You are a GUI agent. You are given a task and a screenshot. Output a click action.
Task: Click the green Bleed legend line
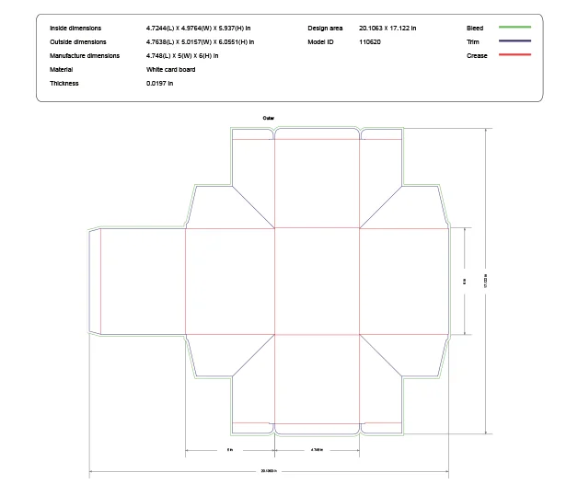tap(515, 28)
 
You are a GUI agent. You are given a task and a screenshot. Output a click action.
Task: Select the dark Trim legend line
tap(515, 41)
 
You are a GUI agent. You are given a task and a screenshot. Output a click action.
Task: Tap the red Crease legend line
tap(515, 55)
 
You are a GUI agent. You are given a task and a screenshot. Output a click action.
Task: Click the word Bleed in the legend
tap(475, 29)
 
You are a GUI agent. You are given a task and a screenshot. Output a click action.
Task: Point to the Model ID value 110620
tap(370, 42)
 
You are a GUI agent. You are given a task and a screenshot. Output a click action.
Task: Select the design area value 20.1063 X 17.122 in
tap(387, 29)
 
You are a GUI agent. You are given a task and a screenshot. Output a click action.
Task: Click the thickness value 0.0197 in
tap(159, 84)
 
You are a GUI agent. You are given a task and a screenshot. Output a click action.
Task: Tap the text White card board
tap(170, 70)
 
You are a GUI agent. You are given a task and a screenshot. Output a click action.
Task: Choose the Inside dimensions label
tap(75, 29)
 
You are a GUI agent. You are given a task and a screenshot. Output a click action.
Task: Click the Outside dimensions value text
tap(200, 42)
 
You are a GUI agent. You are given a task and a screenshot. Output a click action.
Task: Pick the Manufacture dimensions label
tap(85, 56)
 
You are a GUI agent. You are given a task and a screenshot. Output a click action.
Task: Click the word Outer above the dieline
tap(269, 118)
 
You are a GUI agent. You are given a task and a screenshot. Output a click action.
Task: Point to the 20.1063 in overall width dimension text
tap(269, 471)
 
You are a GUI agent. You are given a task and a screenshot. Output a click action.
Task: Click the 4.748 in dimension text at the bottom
tap(317, 450)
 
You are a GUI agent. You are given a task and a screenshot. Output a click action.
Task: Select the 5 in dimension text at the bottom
tap(230, 450)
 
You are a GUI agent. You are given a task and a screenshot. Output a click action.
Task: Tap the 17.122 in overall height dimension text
tap(486, 281)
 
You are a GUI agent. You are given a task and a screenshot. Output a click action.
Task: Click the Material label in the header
tap(62, 70)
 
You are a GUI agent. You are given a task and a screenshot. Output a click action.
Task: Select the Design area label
tap(325, 29)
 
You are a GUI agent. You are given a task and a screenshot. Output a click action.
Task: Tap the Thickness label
tap(64, 84)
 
